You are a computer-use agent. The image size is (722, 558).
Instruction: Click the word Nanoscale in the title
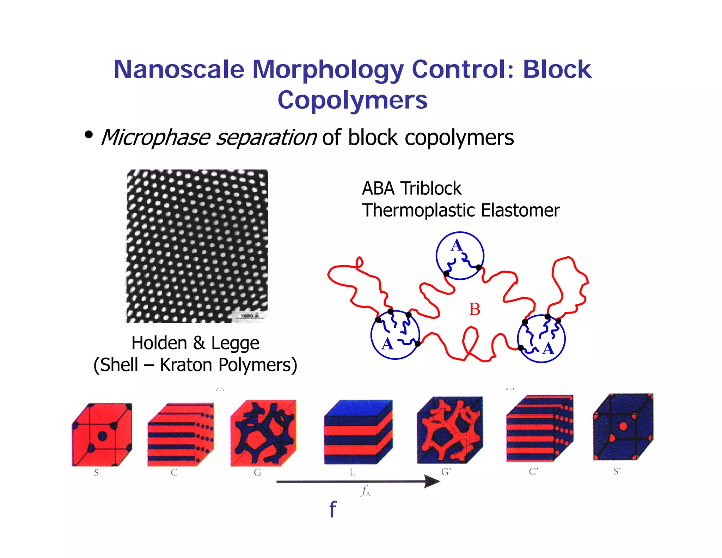coord(179,69)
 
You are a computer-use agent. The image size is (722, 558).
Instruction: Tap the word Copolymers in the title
coord(352,100)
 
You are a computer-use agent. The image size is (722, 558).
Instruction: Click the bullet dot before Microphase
coord(88,134)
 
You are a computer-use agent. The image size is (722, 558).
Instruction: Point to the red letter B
coord(474,309)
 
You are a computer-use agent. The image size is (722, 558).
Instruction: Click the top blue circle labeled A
coord(460,256)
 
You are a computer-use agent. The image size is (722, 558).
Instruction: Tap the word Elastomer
coord(520,211)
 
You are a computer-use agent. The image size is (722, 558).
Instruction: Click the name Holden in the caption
coord(159,343)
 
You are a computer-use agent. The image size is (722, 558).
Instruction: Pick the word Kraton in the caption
coord(186,365)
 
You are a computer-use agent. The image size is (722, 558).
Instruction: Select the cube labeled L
coord(358,432)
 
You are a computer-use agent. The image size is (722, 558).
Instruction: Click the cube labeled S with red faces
coord(102,435)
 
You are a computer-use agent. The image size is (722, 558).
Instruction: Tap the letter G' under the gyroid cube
coord(446,472)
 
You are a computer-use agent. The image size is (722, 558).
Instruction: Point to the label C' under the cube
coord(533,472)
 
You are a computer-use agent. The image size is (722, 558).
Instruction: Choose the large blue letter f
coord(332,509)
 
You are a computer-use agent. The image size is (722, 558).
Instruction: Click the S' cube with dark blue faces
coord(623,427)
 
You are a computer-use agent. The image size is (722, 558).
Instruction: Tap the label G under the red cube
coord(258,472)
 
